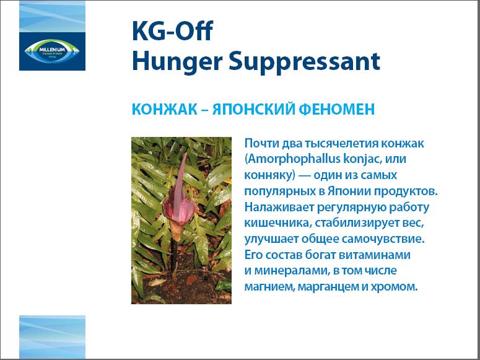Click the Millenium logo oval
click(x=52, y=51)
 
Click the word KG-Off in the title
click(x=172, y=30)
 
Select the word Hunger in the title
click(x=177, y=62)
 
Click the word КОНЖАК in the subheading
click(x=164, y=110)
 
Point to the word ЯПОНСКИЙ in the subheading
click(x=254, y=110)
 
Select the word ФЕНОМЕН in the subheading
click(x=337, y=110)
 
